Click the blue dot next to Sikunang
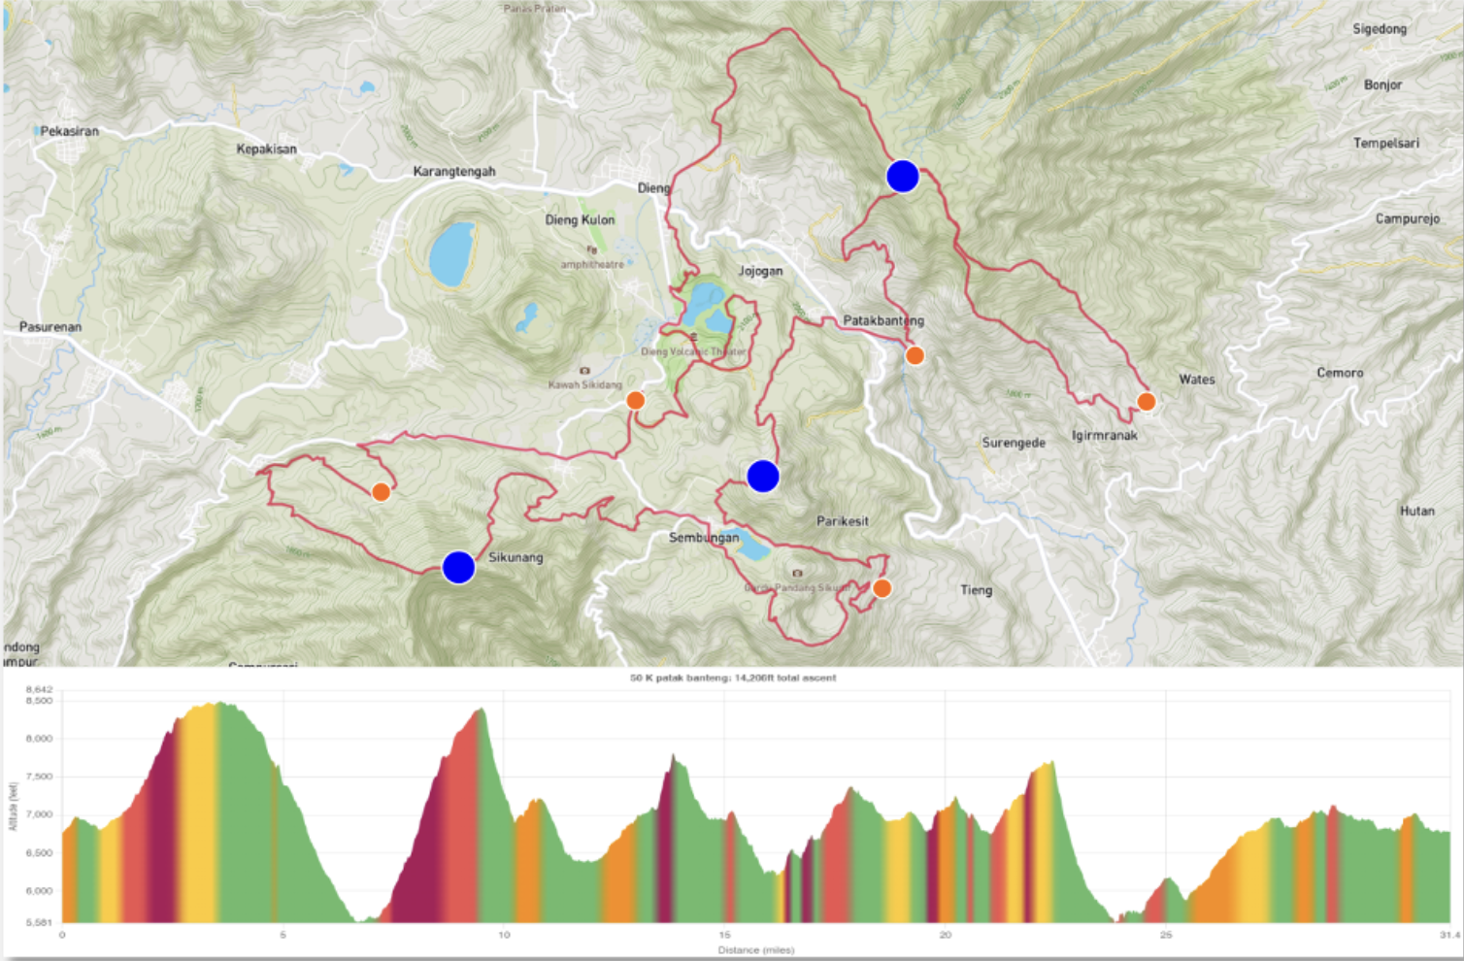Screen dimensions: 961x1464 [x=458, y=567]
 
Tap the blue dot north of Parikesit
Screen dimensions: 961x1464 [x=763, y=476]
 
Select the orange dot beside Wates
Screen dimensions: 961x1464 [x=1146, y=401]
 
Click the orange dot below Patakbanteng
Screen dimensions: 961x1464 [x=915, y=355]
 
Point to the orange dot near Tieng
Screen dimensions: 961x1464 [x=882, y=588]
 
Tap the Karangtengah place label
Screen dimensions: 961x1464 [x=454, y=172]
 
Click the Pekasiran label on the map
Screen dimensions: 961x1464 [x=69, y=131]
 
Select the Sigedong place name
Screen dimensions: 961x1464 [x=1380, y=29]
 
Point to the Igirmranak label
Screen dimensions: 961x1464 [x=1104, y=436]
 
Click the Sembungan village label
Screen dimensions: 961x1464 [x=704, y=538]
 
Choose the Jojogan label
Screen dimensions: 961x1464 [x=760, y=271]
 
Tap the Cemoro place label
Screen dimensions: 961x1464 [x=1340, y=373]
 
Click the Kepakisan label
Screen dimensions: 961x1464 [x=266, y=149]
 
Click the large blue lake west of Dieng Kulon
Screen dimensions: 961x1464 [x=451, y=253]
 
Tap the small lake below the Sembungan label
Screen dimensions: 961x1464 [x=753, y=550]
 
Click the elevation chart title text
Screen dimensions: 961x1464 [x=733, y=678]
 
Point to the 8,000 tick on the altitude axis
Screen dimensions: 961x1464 [x=39, y=739]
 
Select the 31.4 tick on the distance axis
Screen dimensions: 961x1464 [x=1449, y=935]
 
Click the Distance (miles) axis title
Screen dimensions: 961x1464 [x=755, y=949]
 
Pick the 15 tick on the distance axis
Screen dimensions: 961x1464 [x=724, y=935]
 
